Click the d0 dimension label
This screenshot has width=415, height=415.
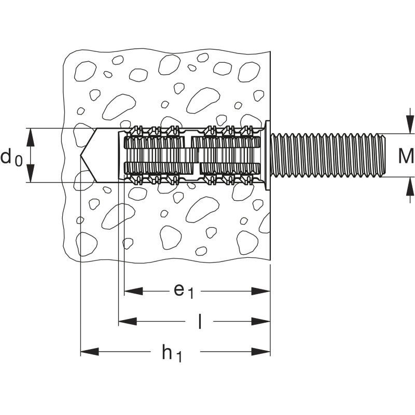(11, 158)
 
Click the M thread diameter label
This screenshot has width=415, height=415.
(406, 156)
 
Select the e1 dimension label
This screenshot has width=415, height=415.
(184, 292)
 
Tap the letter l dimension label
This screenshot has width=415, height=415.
(200, 321)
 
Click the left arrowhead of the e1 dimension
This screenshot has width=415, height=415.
(134, 291)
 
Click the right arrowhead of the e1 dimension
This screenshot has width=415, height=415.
(261, 291)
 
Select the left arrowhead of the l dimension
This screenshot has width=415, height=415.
(128, 322)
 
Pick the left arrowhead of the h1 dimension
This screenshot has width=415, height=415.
(90, 352)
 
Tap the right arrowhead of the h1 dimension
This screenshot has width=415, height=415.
(261, 352)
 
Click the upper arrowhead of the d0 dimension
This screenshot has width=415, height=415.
(31, 137)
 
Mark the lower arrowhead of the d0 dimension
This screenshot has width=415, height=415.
(31, 173)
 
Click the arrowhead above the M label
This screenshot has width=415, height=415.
(410, 125)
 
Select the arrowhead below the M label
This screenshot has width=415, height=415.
(410, 186)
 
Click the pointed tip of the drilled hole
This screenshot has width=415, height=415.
(81, 156)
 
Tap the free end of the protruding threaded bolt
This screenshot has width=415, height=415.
(384, 156)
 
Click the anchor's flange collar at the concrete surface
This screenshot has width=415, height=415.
(267, 155)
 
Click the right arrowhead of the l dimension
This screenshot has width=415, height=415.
(261, 322)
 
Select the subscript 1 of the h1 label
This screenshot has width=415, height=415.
(179, 357)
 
